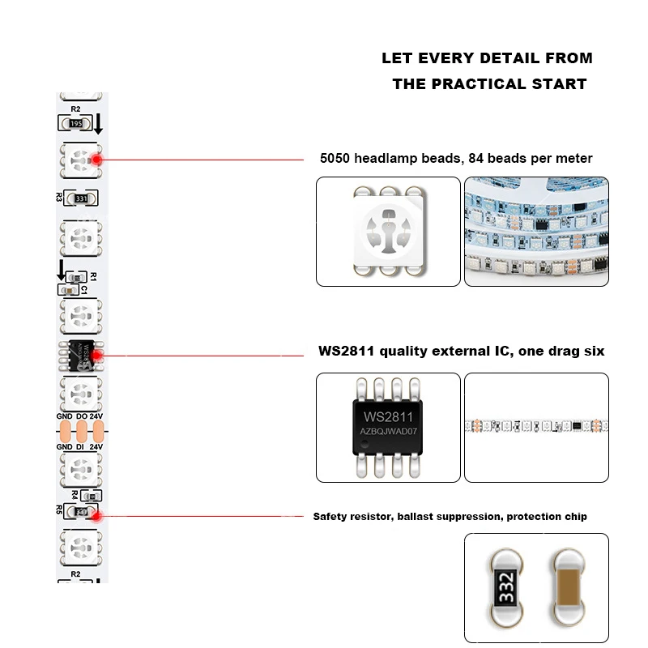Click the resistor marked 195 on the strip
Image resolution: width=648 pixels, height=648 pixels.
(78, 123)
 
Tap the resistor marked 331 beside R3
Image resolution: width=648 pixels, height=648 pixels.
(80, 198)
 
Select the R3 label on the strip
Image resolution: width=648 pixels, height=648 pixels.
(59, 197)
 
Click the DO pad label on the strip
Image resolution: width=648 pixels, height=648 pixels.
(81, 416)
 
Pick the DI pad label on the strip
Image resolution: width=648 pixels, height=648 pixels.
(81, 446)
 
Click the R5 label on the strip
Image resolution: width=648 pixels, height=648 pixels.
(59, 510)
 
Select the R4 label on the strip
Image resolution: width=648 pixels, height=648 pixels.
(75, 494)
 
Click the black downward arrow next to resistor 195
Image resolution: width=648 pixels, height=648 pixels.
(99, 124)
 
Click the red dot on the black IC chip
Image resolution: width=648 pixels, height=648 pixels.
(95, 355)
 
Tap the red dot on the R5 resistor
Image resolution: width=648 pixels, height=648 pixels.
(95, 514)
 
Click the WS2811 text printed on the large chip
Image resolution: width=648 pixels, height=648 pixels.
(388, 416)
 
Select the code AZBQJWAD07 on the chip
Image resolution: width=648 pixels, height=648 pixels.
(388, 433)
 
